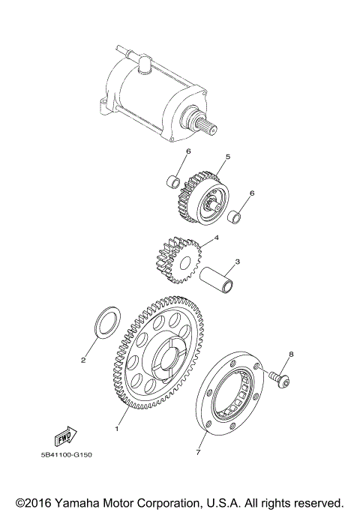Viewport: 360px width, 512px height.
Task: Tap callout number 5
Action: point(228,157)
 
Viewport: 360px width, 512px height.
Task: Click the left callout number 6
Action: point(188,151)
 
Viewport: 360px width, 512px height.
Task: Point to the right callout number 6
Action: point(252,193)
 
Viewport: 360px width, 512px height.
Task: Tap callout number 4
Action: point(216,238)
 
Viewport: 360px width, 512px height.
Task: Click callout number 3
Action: point(237,262)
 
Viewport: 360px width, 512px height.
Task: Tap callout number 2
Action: point(84,360)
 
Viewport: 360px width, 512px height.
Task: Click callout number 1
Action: point(116,430)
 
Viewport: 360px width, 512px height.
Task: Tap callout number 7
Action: point(199,453)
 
